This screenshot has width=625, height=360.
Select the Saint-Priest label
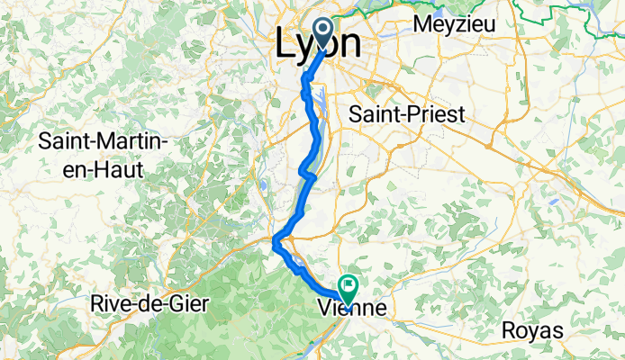point(406,115)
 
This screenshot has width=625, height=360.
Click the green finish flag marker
point(348,285)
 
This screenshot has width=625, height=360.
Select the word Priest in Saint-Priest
point(436,115)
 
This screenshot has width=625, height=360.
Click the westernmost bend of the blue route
point(274,239)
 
